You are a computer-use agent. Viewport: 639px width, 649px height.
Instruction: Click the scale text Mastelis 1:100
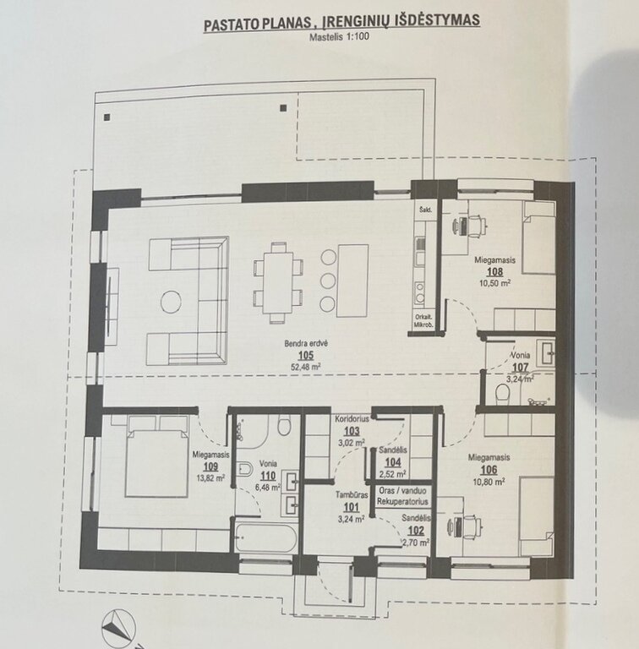(x=339, y=36)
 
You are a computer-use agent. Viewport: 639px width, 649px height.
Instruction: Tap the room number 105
(x=306, y=355)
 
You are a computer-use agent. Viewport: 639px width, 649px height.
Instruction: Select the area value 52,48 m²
(x=306, y=366)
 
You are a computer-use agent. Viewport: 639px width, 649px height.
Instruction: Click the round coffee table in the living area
(x=171, y=301)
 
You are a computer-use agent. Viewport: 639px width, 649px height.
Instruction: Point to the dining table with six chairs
(x=278, y=283)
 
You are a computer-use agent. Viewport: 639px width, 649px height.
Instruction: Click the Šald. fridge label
(x=425, y=210)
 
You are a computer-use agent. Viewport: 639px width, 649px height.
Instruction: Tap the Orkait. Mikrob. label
(x=423, y=321)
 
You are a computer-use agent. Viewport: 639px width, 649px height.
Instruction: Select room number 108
(x=494, y=272)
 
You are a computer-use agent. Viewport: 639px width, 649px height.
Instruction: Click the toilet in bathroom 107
(x=502, y=391)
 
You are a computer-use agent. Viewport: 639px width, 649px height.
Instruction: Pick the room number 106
(x=489, y=470)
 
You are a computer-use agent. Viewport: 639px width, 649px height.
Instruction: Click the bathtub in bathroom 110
(x=266, y=537)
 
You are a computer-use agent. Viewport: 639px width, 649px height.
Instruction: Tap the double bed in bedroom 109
(x=156, y=456)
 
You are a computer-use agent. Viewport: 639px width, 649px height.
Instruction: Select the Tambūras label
(x=352, y=494)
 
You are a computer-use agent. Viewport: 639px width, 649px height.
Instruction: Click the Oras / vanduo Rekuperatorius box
(x=402, y=496)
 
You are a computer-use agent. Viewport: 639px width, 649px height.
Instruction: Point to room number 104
(x=393, y=463)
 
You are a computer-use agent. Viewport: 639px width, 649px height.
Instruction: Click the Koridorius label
(x=352, y=419)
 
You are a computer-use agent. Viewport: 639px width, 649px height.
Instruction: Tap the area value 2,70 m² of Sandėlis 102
(x=416, y=543)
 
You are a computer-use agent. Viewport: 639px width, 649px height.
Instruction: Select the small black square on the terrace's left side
(x=106, y=117)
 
